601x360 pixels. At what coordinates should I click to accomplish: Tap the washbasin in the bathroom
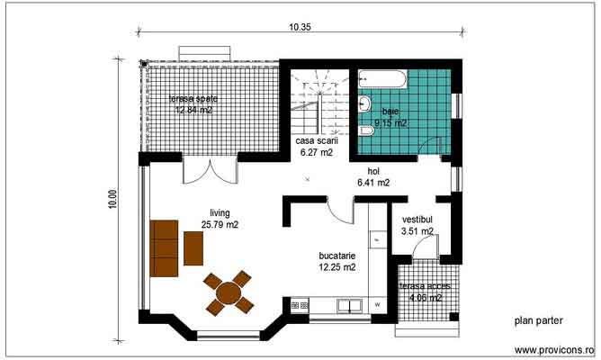(364, 104)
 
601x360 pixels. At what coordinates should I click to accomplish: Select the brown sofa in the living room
(164, 247)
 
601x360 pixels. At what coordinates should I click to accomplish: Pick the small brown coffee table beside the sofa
(193, 247)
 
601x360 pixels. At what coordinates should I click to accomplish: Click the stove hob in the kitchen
(300, 307)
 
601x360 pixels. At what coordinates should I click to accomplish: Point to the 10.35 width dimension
(300, 27)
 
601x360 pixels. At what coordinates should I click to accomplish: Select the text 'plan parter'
(538, 319)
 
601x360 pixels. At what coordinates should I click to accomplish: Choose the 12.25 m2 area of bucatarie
(336, 266)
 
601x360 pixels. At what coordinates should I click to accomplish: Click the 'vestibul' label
(417, 219)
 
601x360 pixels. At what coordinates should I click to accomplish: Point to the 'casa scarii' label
(317, 140)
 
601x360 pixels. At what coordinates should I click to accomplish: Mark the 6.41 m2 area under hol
(372, 183)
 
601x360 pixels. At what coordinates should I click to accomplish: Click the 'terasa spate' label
(194, 98)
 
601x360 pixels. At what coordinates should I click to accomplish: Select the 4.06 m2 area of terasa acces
(426, 297)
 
